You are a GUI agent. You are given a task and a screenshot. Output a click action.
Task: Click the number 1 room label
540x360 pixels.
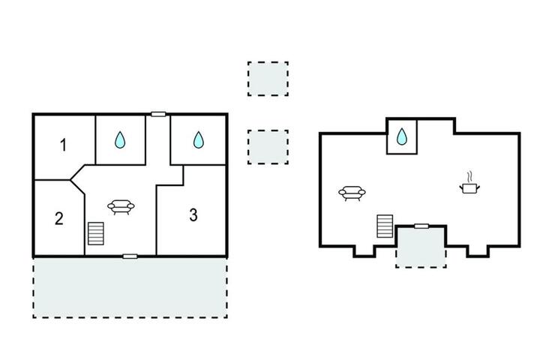[x=63, y=145]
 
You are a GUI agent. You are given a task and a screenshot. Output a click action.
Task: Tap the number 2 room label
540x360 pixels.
[x=59, y=218]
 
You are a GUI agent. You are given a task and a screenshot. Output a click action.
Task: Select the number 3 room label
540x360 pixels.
[x=193, y=215]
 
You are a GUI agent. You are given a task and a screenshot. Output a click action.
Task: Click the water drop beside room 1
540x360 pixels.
[x=120, y=139]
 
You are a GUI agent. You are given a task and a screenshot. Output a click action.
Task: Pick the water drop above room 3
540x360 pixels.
[x=198, y=139]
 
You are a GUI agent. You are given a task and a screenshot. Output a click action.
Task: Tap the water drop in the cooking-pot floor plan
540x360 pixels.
[x=402, y=136]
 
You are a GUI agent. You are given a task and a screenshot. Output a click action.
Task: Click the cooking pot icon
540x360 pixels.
[x=469, y=188]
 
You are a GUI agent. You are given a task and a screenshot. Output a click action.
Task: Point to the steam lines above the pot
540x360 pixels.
[x=469, y=177]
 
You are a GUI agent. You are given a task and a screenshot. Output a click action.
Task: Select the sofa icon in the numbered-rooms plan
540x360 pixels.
[x=121, y=207]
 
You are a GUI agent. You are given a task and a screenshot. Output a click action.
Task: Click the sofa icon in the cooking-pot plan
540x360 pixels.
[x=352, y=193]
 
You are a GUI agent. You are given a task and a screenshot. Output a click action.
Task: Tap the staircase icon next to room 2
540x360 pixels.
[x=96, y=233]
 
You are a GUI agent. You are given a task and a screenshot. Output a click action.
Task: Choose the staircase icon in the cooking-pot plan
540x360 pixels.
[x=385, y=226]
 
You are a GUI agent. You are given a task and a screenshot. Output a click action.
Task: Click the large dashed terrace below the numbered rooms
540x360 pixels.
[x=130, y=287]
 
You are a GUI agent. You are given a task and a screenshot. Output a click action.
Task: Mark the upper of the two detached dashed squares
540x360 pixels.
[x=268, y=79]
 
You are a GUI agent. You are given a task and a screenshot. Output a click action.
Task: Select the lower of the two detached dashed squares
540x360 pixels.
[x=268, y=147]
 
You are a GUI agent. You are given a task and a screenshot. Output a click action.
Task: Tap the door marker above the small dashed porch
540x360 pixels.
[x=421, y=226]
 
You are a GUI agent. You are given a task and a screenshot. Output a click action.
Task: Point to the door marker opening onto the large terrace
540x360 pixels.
[x=130, y=256]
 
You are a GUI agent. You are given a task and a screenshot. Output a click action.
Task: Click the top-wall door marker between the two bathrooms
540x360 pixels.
[x=158, y=114]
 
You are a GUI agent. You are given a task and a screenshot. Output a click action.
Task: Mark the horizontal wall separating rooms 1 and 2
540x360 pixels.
[x=52, y=180]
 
